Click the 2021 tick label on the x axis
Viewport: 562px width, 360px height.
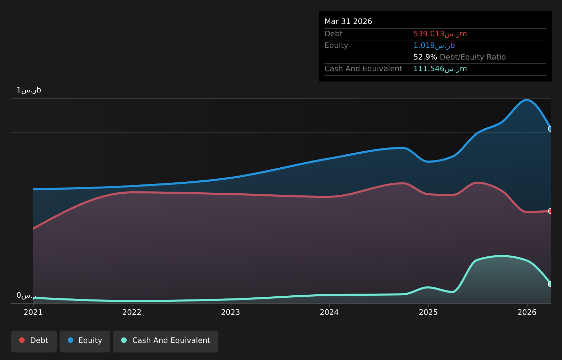click(x=33, y=312)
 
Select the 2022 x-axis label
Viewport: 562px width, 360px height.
click(x=132, y=312)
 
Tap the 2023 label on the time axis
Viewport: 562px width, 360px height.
click(x=231, y=312)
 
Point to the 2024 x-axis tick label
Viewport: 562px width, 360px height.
click(x=329, y=312)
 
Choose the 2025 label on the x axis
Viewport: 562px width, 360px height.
click(x=428, y=312)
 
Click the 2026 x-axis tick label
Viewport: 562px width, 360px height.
click(x=527, y=312)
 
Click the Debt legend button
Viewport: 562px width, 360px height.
click(x=34, y=342)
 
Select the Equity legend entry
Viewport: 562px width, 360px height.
click(x=85, y=342)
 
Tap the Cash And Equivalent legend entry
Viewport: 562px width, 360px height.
click(x=166, y=342)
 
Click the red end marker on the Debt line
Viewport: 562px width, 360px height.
click(x=550, y=211)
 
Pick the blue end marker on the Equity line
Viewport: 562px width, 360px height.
click(x=550, y=129)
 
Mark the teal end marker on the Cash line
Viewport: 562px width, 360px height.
click(x=550, y=284)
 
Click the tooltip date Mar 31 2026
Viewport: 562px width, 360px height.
click(x=348, y=22)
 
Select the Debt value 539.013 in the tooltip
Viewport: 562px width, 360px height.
click(x=429, y=34)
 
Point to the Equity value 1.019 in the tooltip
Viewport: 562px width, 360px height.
click(x=424, y=46)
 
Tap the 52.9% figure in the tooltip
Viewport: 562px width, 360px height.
click(x=425, y=57)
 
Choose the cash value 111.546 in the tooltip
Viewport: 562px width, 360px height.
click(x=429, y=69)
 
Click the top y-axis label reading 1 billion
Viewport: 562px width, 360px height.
click(x=29, y=90)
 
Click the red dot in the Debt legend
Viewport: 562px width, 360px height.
click(x=22, y=340)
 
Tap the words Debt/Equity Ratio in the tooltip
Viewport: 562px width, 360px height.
click(x=473, y=57)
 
